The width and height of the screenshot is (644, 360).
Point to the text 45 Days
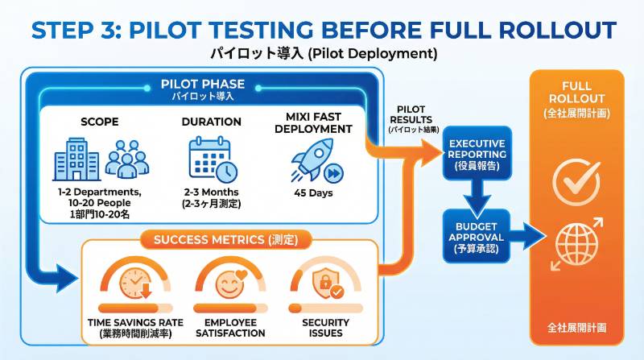point(312,192)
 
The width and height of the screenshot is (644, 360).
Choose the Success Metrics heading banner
point(219,239)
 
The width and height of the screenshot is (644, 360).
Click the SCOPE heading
point(100,122)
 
